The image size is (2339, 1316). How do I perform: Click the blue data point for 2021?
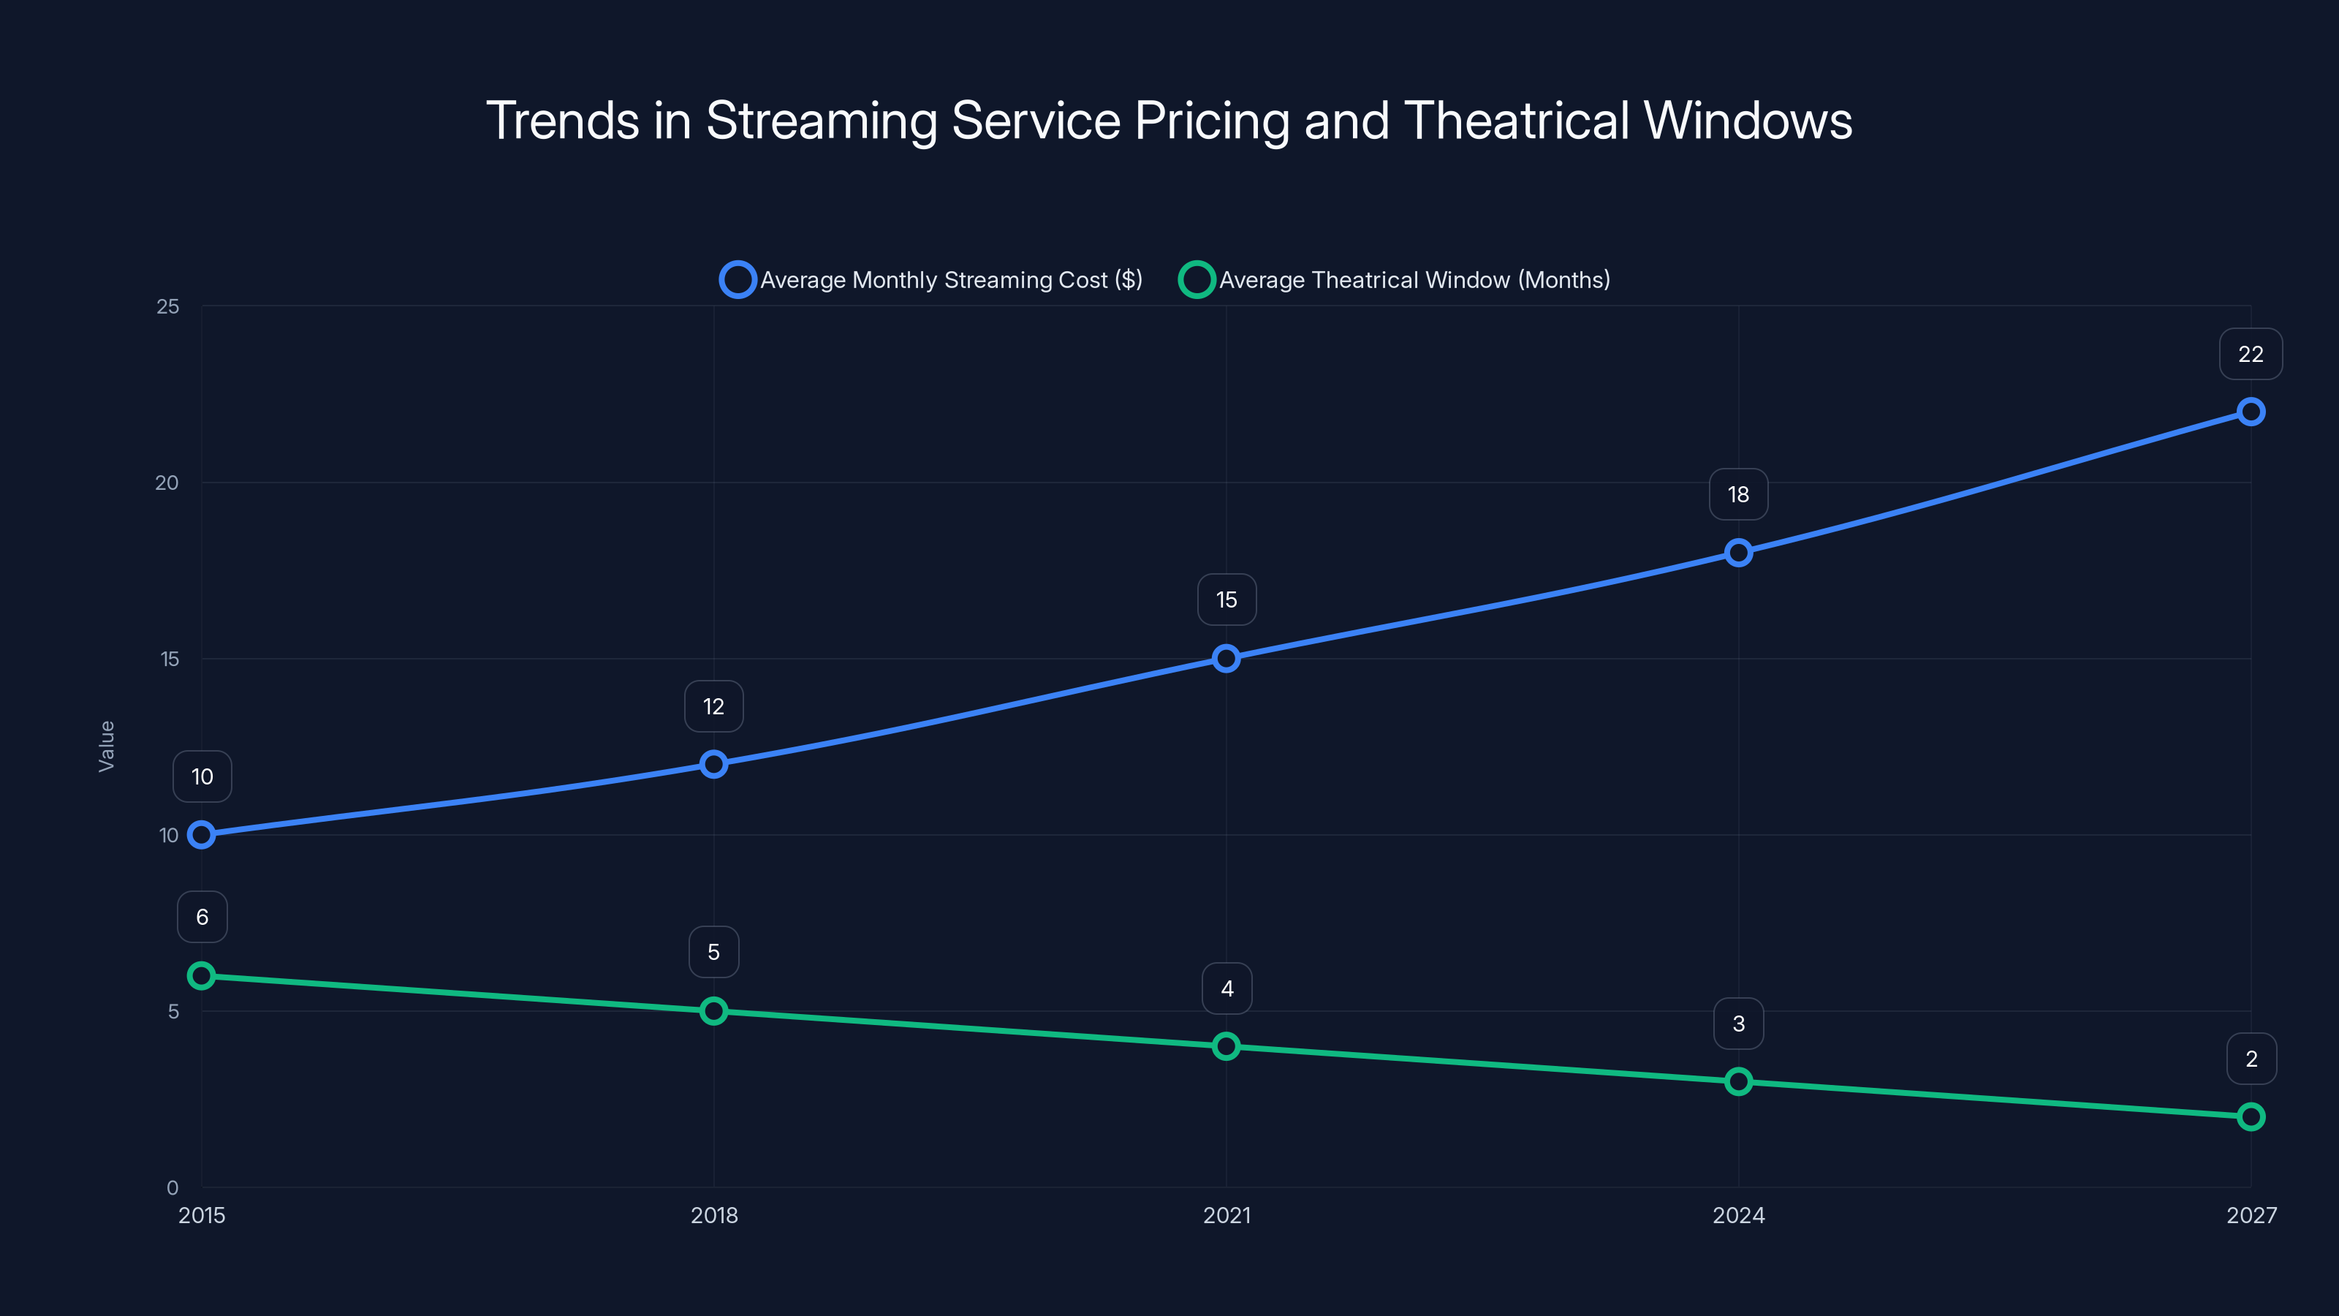(x=1226, y=659)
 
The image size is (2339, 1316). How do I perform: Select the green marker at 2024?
(x=1738, y=1082)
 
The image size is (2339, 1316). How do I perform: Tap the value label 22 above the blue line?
(x=2250, y=354)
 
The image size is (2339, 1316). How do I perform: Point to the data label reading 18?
(x=1738, y=494)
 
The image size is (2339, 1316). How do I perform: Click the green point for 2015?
(x=202, y=976)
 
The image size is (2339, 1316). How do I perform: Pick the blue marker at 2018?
(x=713, y=764)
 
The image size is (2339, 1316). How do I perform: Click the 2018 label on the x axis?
(x=713, y=1215)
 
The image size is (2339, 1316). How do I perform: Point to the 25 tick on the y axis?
(x=168, y=307)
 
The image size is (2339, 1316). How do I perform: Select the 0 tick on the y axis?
(x=173, y=1187)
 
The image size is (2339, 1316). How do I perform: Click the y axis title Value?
(x=106, y=746)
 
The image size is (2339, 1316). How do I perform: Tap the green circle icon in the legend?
(x=1196, y=280)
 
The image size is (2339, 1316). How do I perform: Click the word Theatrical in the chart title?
(x=1517, y=121)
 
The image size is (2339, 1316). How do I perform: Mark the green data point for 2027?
(x=2250, y=1116)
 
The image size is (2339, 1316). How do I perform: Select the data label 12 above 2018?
(x=713, y=706)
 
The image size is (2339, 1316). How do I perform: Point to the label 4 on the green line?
(x=1226, y=988)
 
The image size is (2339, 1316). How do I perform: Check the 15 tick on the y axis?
(x=170, y=659)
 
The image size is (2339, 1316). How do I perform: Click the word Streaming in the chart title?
(x=821, y=121)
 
